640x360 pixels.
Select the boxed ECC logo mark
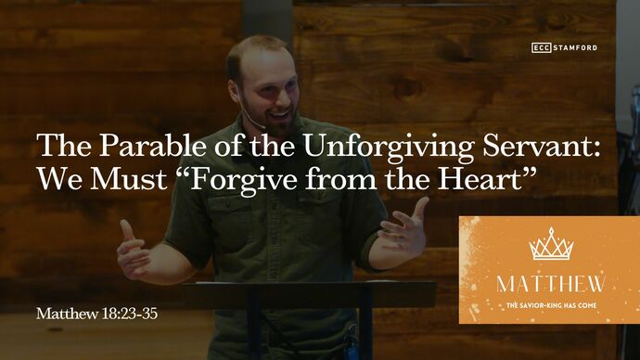coord(542,47)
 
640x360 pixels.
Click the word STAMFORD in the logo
coord(576,47)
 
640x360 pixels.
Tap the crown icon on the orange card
coord(550,245)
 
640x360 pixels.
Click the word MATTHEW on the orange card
coord(550,283)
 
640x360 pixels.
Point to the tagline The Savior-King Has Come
coord(550,304)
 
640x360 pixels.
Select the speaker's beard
coord(270,118)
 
